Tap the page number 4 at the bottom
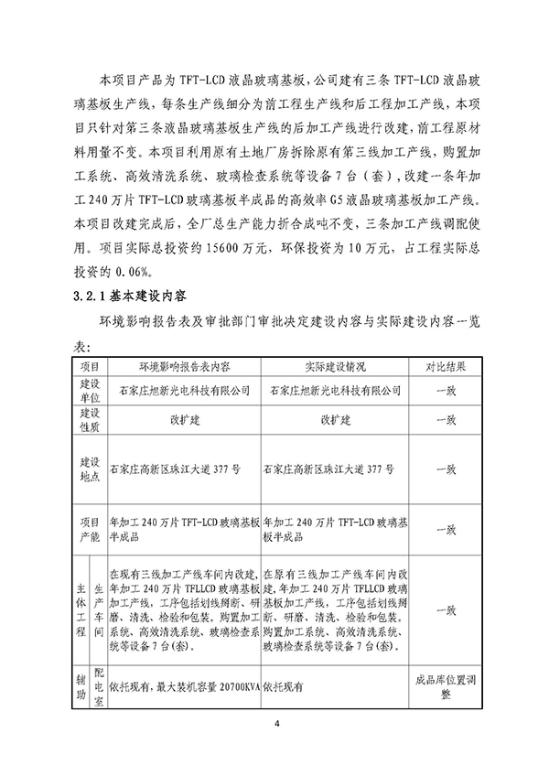(274, 726)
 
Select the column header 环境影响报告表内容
(184, 366)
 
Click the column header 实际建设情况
(335, 366)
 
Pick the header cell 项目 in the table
(90, 366)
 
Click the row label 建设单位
(90, 390)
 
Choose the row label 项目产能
(90, 529)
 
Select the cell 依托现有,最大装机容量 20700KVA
(183, 682)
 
